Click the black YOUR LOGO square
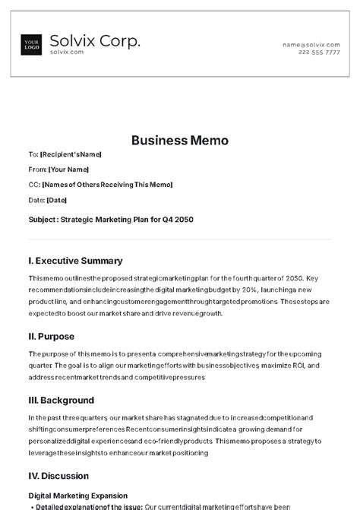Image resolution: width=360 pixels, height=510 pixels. [32, 45]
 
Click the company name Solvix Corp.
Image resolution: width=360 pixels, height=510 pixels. [94, 41]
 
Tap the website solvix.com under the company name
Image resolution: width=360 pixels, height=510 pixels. [67, 52]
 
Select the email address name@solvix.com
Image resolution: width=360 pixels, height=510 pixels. [311, 45]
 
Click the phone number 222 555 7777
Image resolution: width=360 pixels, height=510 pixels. [319, 52]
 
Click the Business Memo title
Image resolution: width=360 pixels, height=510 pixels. [180, 140]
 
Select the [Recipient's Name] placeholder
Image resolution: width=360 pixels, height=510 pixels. [71, 154]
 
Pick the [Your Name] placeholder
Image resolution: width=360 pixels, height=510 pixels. [68, 169]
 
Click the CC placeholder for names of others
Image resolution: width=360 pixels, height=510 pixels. [107, 185]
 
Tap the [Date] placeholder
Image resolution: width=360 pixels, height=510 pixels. [57, 200]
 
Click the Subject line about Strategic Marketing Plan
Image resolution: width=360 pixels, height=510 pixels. [111, 220]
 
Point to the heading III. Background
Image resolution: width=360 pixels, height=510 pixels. [62, 400]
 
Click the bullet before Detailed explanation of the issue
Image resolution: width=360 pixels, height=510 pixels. [30, 506]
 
